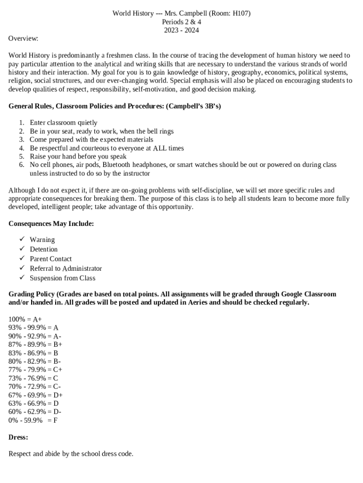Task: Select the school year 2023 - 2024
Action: [181, 30]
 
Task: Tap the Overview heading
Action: [23, 38]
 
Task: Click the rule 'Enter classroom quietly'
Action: [63, 123]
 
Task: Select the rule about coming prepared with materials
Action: [91, 140]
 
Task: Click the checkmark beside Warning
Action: [22, 239]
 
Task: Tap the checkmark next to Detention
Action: [22, 249]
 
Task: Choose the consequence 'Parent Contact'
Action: [50, 258]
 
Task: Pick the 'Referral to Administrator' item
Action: [66, 268]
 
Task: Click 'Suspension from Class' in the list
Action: [62, 278]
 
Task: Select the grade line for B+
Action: [35, 344]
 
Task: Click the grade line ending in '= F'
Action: [33, 420]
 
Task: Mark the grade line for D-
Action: [35, 412]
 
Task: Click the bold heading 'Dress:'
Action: [18, 437]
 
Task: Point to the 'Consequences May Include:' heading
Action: [51, 224]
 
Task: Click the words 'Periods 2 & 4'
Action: [181, 22]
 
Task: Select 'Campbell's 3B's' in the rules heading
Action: [193, 106]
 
